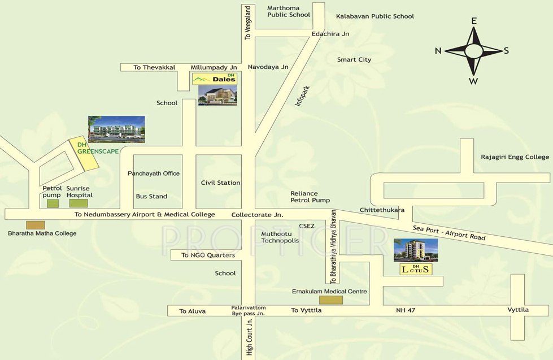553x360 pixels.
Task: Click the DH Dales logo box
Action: point(215,79)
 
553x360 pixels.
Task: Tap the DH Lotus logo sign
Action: point(415,269)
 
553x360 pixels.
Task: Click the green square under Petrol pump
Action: point(53,203)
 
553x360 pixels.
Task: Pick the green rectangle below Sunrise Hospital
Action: point(78,203)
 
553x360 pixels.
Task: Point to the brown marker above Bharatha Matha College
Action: point(36,224)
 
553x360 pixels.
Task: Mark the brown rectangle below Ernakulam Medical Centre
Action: point(330,300)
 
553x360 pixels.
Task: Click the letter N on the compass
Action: point(438,51)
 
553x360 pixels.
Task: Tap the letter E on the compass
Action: point(474,21)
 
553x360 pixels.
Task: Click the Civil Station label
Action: point(220,183)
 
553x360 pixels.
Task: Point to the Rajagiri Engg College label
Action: point(515,157)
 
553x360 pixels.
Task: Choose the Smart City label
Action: point(354,59)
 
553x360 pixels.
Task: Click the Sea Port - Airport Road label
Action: point(449,232)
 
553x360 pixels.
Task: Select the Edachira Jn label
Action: point(330,34)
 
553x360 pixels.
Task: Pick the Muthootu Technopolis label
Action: point(280,237)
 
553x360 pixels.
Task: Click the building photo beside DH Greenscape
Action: point(116,129)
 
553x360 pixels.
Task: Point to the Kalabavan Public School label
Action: point(375,16)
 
